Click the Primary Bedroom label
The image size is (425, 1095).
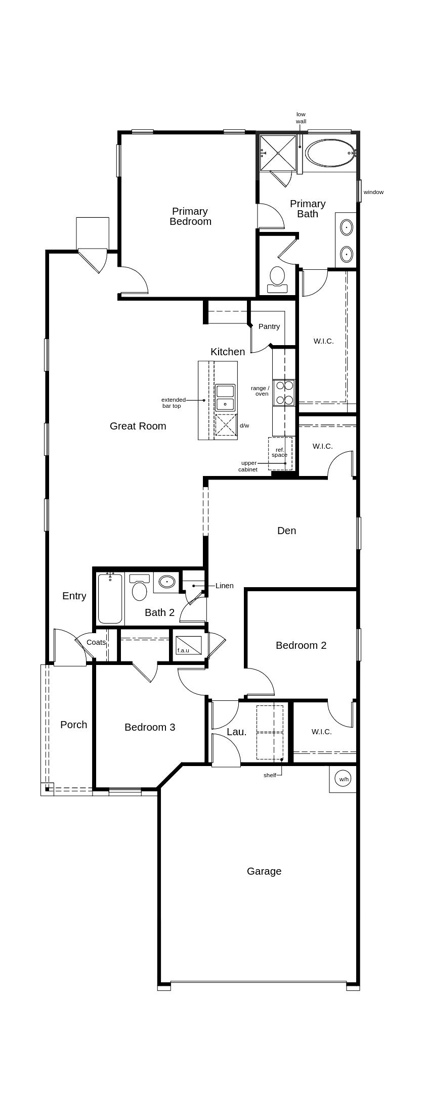click(190, 216)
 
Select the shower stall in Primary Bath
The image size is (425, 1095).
click(278, 153)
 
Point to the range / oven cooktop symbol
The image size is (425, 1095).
click(284, 393)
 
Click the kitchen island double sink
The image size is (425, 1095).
click(225, 398)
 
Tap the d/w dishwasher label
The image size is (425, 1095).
click(244, 425)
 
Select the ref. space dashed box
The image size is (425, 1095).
click(280, 453)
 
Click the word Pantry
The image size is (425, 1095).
click(269, 326)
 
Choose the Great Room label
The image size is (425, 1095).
click(138, 426)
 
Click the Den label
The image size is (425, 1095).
click(287, 531)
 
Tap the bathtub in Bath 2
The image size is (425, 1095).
click(110, 599)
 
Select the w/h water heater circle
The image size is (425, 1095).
click(344, 779)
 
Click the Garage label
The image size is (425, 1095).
click(264, 871)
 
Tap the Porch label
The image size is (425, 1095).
click(74, 725)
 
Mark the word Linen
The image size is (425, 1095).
click(225, 586)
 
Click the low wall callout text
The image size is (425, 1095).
click(301, 118)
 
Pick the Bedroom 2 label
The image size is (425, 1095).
click(301, 645)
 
